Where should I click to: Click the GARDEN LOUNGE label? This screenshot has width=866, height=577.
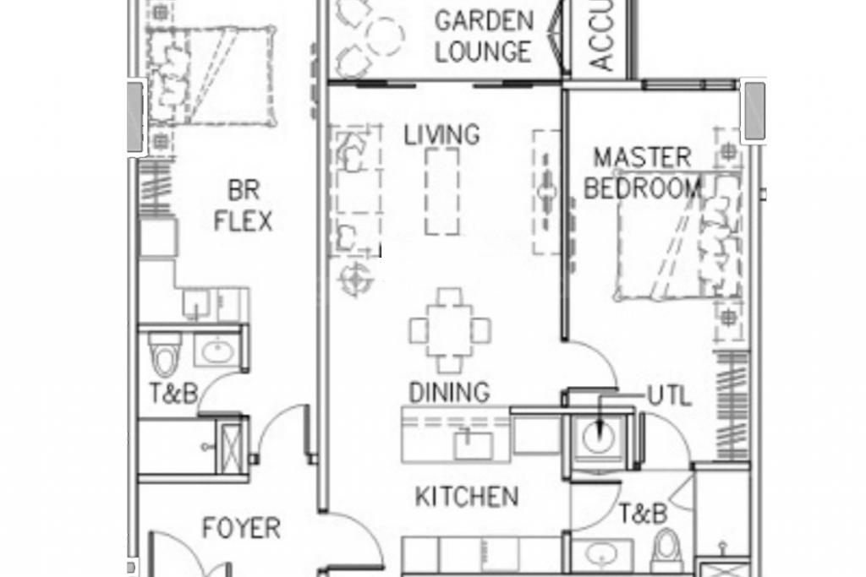coord(483,35)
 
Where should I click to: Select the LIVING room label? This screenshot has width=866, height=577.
coord(441,134)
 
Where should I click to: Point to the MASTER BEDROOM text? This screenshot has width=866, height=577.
coord(642,172)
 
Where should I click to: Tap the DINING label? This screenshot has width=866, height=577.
coord(448,392)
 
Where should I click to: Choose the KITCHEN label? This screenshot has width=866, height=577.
coord(466,496)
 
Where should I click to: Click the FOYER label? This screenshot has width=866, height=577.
coord(241,529)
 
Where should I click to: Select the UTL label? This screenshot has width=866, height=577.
coord(669,395)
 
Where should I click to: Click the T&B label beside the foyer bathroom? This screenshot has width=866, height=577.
coord(173,394)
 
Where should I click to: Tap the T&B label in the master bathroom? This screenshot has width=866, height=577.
coord(642,513)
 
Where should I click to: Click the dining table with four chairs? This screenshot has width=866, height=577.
coord(449,330)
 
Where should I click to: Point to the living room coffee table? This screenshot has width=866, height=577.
coord(442,191)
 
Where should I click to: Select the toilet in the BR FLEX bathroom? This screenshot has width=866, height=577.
coord(164,356)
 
